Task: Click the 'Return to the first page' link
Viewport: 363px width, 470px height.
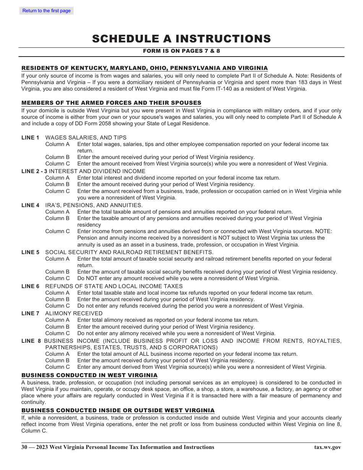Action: [x=47, y=11]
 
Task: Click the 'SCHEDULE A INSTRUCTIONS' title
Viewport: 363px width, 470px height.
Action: [x=181, y=39]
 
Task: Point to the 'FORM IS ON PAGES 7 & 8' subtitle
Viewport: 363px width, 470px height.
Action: [x=181, y=51]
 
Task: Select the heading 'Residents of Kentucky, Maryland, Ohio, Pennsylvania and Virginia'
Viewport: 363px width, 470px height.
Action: [x=144, y=68]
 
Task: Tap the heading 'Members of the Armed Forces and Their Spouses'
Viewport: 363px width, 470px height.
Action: [x=111, y=103]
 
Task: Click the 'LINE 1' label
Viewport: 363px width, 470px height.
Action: [x=30, y=138]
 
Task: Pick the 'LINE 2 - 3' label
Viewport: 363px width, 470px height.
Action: [x=34, y=171]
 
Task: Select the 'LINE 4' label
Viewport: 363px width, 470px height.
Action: [x=30, y=205]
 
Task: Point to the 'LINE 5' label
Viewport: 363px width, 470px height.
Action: [x=30, y=252]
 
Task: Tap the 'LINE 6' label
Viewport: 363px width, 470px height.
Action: [x=30, y=286]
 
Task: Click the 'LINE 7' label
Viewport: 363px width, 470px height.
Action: [x=30, y=313]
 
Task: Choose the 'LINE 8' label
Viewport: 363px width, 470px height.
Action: [x=31, y=341]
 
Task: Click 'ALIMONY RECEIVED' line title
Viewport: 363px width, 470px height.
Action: [x=74, y=313]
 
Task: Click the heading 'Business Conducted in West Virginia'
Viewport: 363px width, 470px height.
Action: [x=89, y=375]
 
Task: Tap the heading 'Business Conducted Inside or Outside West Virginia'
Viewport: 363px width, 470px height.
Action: [x=118, y=410]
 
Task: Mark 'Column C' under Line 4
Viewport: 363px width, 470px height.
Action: [x=57, y=231]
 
